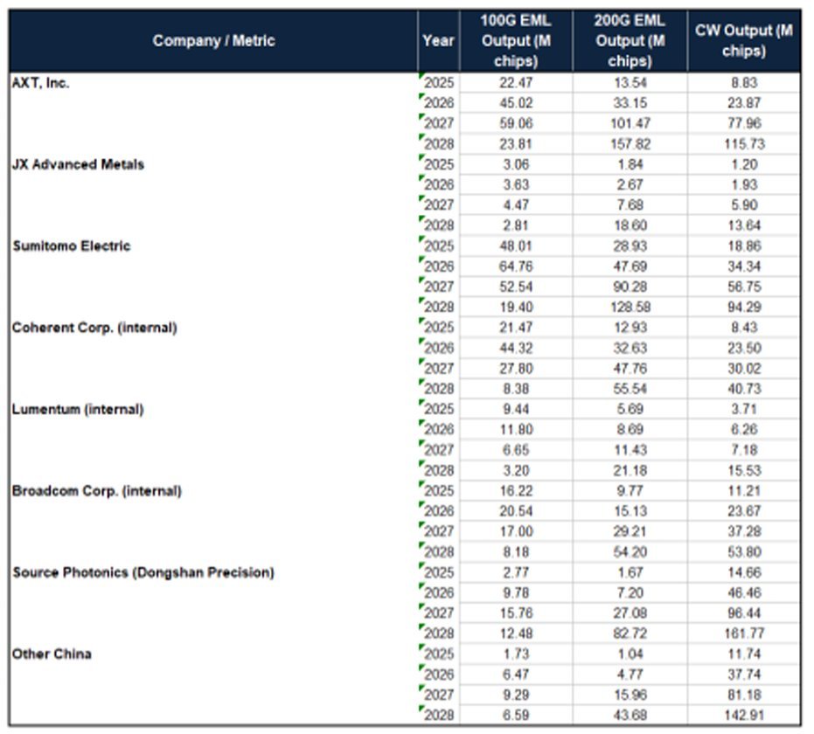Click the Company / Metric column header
point(213,40)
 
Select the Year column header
point(438,40)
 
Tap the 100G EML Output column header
point(516,40)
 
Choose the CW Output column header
point(743,40)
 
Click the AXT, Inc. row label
point(40,83)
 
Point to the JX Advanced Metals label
point(78,164)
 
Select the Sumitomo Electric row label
point(71,246)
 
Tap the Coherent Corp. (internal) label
point(94,328)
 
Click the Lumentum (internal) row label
point(77,409)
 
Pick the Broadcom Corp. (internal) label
point(96,491)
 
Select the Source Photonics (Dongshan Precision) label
point(143,572)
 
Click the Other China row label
point(52,654)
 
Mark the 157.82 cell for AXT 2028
point(630,143)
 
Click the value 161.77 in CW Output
point(744,634)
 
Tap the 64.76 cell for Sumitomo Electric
point(516,267)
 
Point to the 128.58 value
point(630,307)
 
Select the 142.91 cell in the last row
point(744,716)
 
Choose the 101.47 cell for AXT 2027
point(630,123)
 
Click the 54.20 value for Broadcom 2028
point(630,552)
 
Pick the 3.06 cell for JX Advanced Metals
point(516,164)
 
